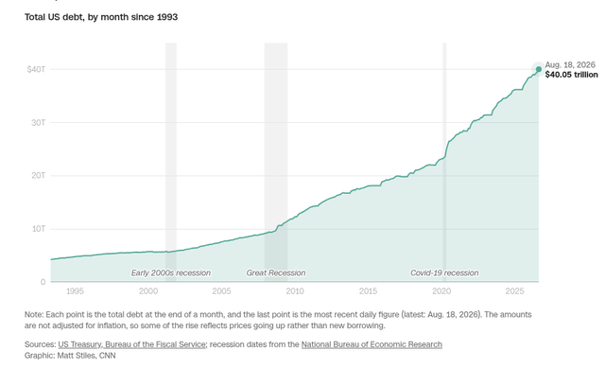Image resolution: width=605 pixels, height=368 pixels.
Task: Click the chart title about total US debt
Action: click(101, 17)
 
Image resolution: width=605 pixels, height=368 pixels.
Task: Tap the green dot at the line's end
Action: click(539, 69)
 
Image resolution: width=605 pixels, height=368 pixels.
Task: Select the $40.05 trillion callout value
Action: click(571, 75)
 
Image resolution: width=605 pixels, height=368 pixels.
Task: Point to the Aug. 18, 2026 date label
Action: click(570, 64)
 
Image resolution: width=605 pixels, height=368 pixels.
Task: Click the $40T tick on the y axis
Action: click(36, 69)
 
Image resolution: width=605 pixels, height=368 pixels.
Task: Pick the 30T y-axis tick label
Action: click(39, 122)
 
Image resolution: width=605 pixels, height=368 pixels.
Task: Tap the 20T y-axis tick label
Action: click(39, 176)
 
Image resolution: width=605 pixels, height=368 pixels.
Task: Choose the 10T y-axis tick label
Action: click(39, 229)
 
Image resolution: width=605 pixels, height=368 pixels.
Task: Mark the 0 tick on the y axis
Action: click(43, 282)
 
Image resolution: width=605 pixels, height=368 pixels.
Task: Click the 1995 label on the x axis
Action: click(75, 291)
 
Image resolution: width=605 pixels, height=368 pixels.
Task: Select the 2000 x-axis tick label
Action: click(148, 291)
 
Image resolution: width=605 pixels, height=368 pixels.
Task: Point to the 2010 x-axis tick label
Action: click(295, 291)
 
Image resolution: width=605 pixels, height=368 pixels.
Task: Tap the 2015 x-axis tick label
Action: click(368, 291)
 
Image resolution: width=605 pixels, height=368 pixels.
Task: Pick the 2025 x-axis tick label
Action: click(514, 291)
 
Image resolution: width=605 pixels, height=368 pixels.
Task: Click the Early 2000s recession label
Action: click(171, 273)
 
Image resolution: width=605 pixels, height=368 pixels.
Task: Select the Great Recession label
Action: click(276, 273)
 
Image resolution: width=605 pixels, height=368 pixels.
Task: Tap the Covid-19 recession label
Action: click(444, 273)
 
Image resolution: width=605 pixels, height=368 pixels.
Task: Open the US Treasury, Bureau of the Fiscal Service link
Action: click(131, 344)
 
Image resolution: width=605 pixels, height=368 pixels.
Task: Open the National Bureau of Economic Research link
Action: click(372, 344)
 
